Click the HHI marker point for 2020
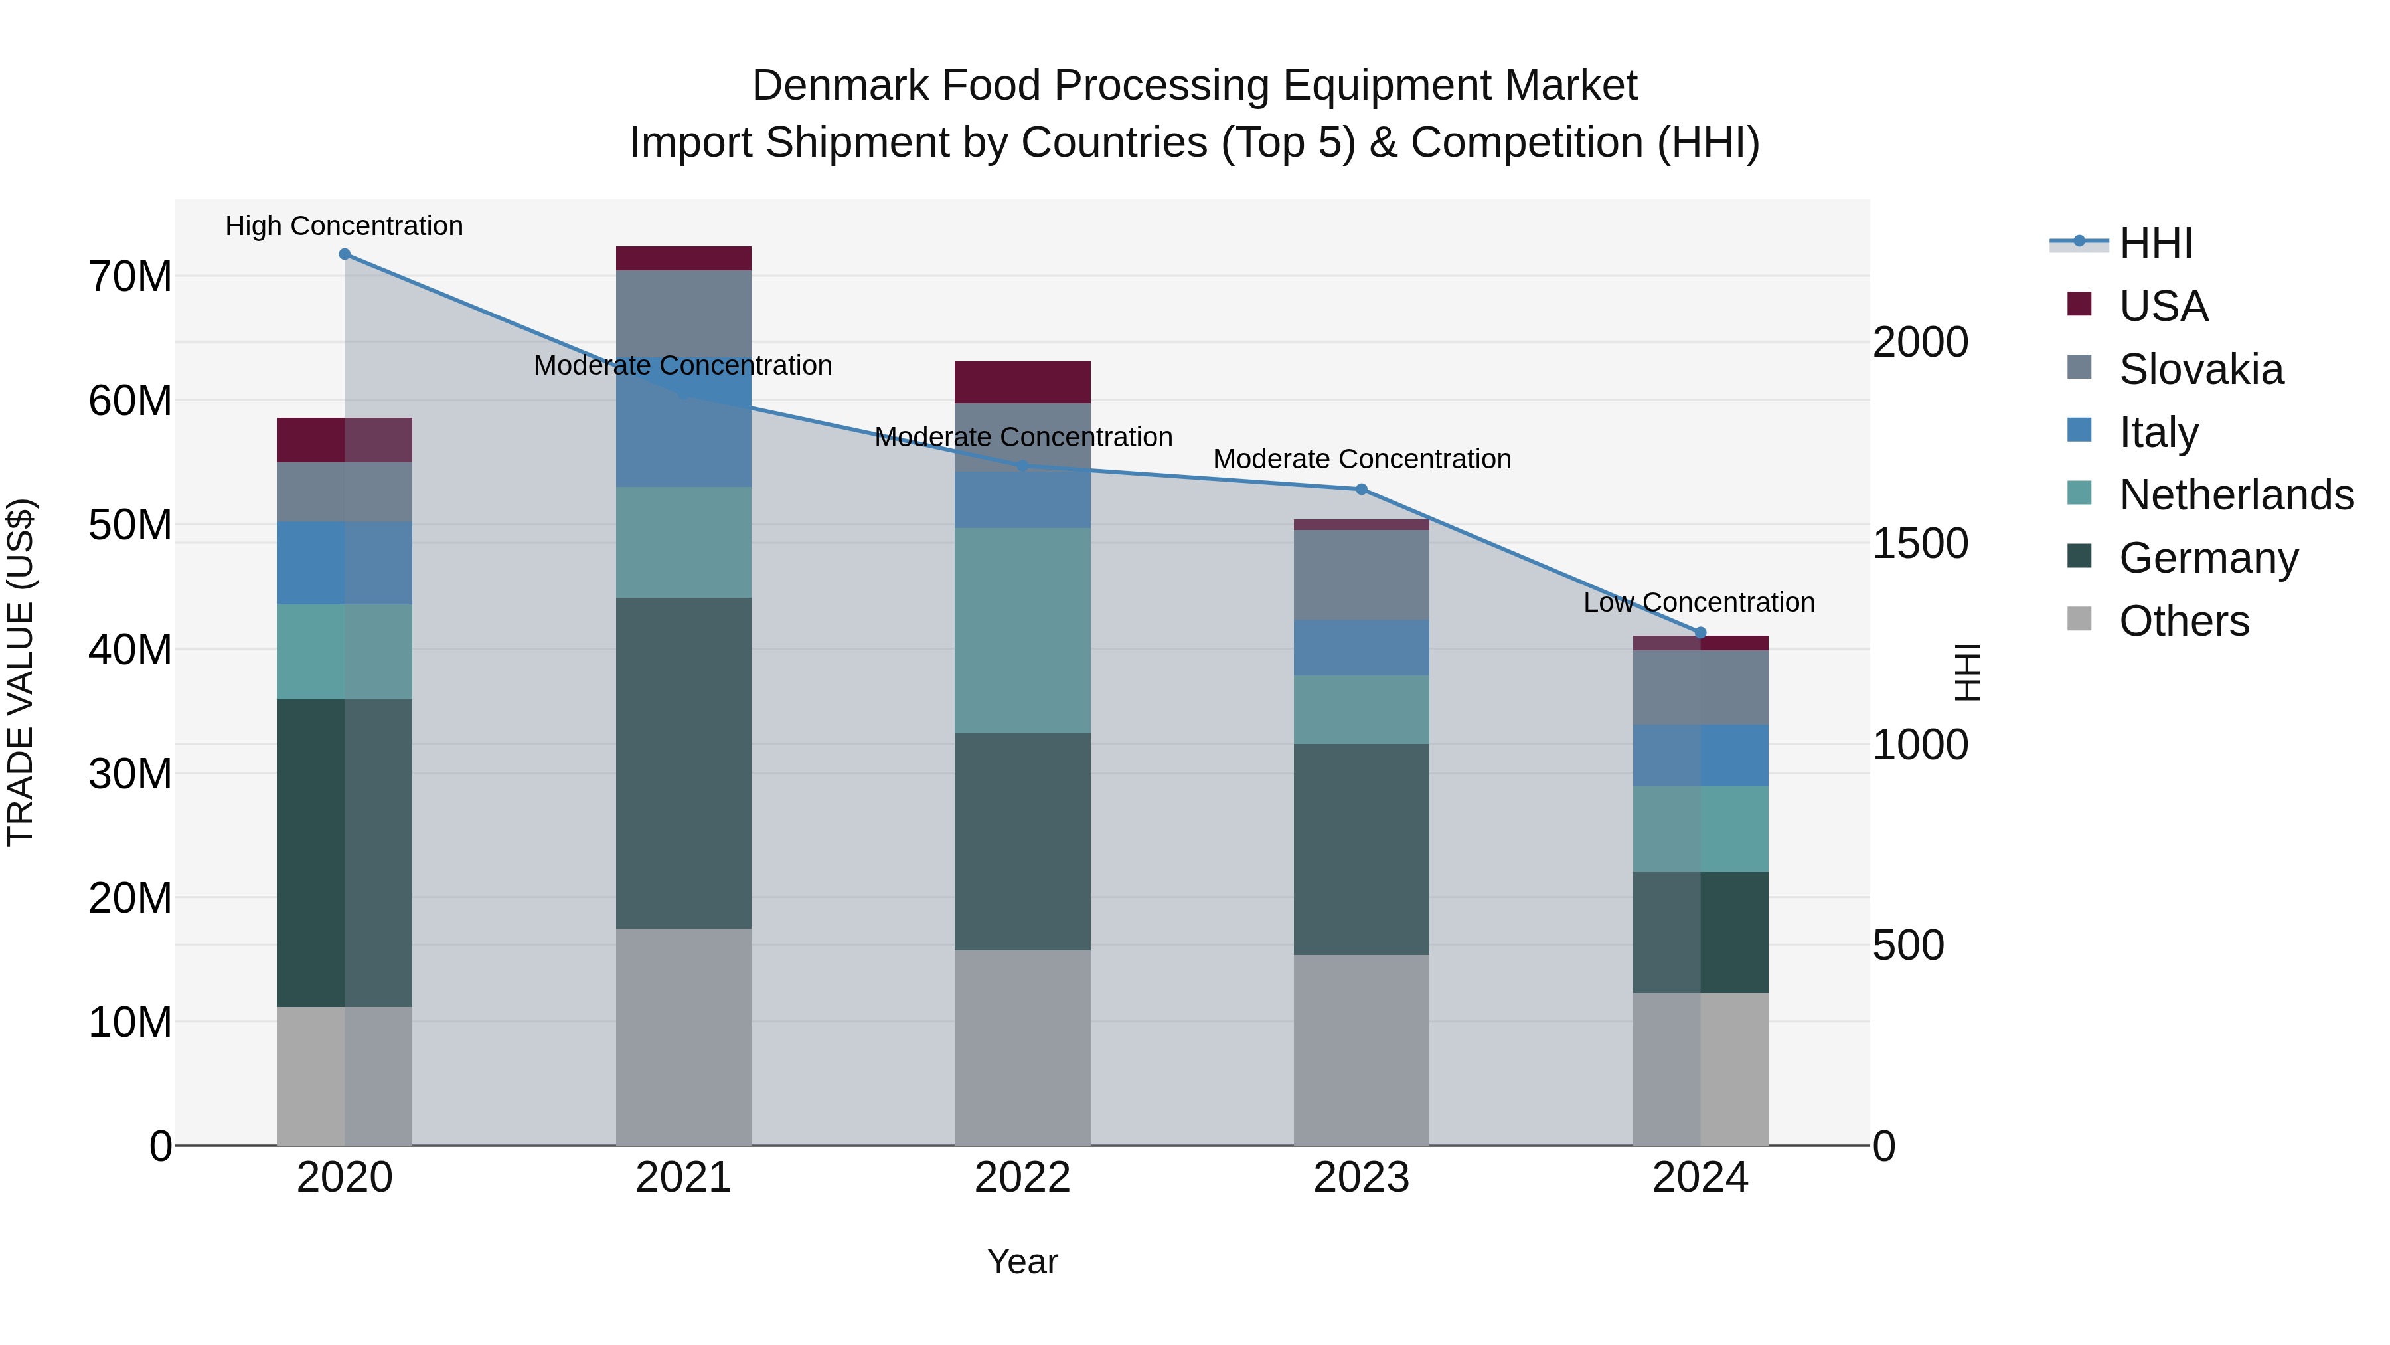click(x=344, y=254)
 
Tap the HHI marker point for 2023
click(x=1361, y=489)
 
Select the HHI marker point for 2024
click(x=1700, y=632)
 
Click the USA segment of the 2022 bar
click(x=1022, y=381)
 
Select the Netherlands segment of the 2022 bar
click(x=1022, y=630)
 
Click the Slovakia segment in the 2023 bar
click(x=1361, y=575)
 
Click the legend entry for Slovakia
click(x=2200, y=369)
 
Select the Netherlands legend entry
click(x=2235, y=495)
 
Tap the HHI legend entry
click(x=2155, y=243)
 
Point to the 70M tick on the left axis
click(x=130, y=276)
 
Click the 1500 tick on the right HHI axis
click(x=1919, y=543)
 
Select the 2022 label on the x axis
click(x=1022, y=1178)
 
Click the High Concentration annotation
click(x=344, y=226)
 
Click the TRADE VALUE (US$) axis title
click(x=21, y=672)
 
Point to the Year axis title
click(x=1022, y=1261)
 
